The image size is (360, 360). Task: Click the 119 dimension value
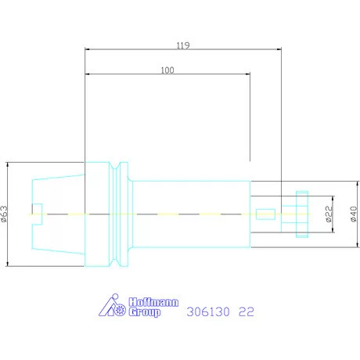pyautogui.click(x=183, y=45)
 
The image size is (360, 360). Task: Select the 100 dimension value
pyautogui.click(x=167, y=70)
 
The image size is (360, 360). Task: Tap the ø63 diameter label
pyautogui.click(x=5, y=214)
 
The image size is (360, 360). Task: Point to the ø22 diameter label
pyautogui.click(x=329, y=214)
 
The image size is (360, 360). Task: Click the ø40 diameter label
pyautogui.click(x=353, y=214)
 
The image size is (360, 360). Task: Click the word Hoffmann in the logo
pyautogui.click(x=154, y=302)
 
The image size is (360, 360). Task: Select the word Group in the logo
pyautogui.click(x=145, y=311)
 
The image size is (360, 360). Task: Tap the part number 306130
pyautogui.click(x=208, y=311)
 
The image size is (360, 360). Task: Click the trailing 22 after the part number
pyautogui.click(x=246, y=311)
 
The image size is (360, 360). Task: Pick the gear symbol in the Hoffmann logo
pyautogui.click(x=121, y=310)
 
